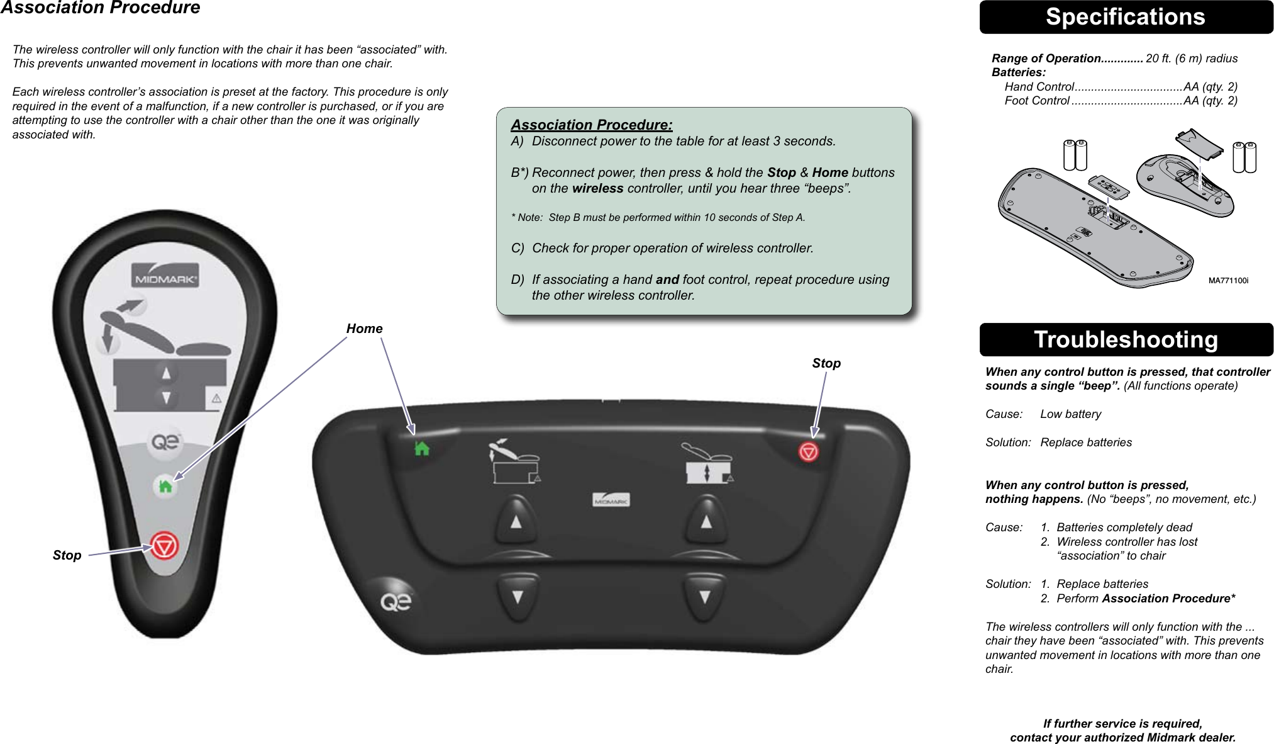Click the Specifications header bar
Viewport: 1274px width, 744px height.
(1126, 17)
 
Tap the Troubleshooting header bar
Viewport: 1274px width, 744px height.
(1126, 340)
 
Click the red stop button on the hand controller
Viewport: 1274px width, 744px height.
(164, 546)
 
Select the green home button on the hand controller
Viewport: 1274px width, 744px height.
(165, 487)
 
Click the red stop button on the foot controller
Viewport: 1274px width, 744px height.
(809, 451)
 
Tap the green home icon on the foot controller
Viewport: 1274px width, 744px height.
(422, 449)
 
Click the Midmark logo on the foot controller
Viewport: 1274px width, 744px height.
(611, 500)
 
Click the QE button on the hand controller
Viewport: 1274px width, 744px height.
(165, 442)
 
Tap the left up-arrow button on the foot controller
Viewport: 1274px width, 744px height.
(516, 521)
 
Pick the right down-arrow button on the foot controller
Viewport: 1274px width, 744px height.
(705, 596)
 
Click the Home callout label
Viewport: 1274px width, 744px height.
(364, 329)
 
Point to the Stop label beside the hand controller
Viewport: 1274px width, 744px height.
(67, 555)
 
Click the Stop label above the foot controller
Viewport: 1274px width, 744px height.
(826, 363)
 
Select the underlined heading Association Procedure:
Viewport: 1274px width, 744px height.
(591, 125)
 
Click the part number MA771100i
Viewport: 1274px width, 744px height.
(1228, 281)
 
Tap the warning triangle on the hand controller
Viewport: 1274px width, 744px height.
(216, 398)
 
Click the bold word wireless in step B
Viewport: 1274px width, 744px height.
(597, 188)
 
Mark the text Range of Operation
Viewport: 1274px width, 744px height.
(1046, 59)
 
